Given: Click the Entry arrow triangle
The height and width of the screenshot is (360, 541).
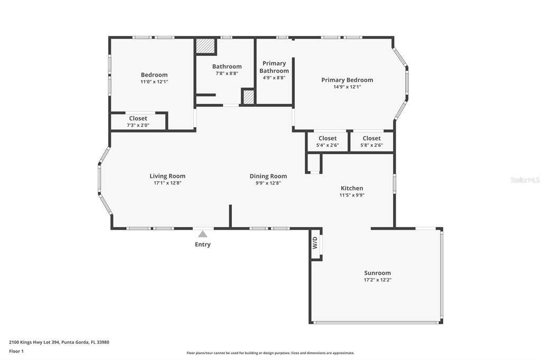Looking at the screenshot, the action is pyautogui.click(x=202, y=234).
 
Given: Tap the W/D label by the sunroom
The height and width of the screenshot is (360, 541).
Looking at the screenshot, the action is pyautogui.click(x=315, y=243).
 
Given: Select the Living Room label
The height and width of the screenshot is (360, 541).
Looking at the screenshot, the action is pyautogui.click(x=167, y=176).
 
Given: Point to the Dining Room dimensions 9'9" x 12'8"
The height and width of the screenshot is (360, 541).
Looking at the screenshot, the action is pyautogui.click(x=268, y=183).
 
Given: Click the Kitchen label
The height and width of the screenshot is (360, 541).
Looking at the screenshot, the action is pyautogui.click(x=352, y=188).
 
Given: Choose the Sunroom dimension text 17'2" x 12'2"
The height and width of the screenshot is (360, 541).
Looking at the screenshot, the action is pyautogui.click(x=377, y=280).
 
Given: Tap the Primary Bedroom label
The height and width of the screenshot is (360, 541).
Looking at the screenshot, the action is pyautogui.click(x=347, y=80).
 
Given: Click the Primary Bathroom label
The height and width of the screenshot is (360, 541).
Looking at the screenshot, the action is pyautogui.click(x=274, y=67).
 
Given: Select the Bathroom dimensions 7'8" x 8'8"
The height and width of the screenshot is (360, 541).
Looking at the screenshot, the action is pyautogui.click(x=227, y=73).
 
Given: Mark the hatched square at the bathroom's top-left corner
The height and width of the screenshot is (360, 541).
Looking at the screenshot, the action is pyautogui.click(x=206, y=45).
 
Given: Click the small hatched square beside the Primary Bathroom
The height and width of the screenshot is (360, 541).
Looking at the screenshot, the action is pyautogui.click(x=248, y=97).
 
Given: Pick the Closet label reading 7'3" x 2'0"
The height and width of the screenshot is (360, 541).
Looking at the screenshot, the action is pyautogui.click(x=138, y=118).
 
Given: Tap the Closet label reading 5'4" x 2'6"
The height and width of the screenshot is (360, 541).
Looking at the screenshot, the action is pyautogui.click(x=328, y=138).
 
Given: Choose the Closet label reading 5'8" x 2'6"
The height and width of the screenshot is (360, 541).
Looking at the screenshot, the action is pyautogui.click(x=371, y=138).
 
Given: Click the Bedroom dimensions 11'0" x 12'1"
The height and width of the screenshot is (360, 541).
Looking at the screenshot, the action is pyautogui.click(x=154, y=82).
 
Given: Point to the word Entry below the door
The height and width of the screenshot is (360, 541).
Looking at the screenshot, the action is pyautogui.click(x=202, y=244).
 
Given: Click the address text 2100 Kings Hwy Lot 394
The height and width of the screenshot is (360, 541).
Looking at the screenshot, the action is pyautogui.click(x=34, y=343).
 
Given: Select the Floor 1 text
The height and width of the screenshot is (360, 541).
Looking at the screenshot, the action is pyautogui.click(x=16, y=352).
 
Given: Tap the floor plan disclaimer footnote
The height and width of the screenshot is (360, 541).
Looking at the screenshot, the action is pyautogui.click(x=270, y=353).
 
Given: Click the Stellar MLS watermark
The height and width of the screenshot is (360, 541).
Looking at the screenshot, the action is pyautogui.click(x=525, y=179).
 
